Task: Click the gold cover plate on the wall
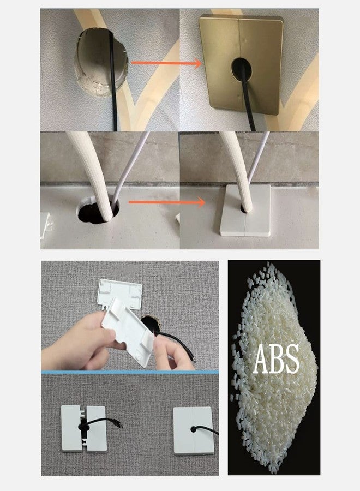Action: tap(241, 64)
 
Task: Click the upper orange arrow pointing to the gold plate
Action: tap(166, 63)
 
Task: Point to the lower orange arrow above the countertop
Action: tap(167, 202)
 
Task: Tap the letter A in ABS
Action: tap(261, 358)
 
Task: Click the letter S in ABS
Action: tap(291, 358)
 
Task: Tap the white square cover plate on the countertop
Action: tap(245, 210)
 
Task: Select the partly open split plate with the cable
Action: tap(84, 429)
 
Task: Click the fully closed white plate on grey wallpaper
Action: tap(194, 430)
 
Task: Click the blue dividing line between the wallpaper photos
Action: tap(130, 372)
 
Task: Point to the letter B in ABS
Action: tap(276, 358)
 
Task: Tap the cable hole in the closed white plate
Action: tap(194, 429)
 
